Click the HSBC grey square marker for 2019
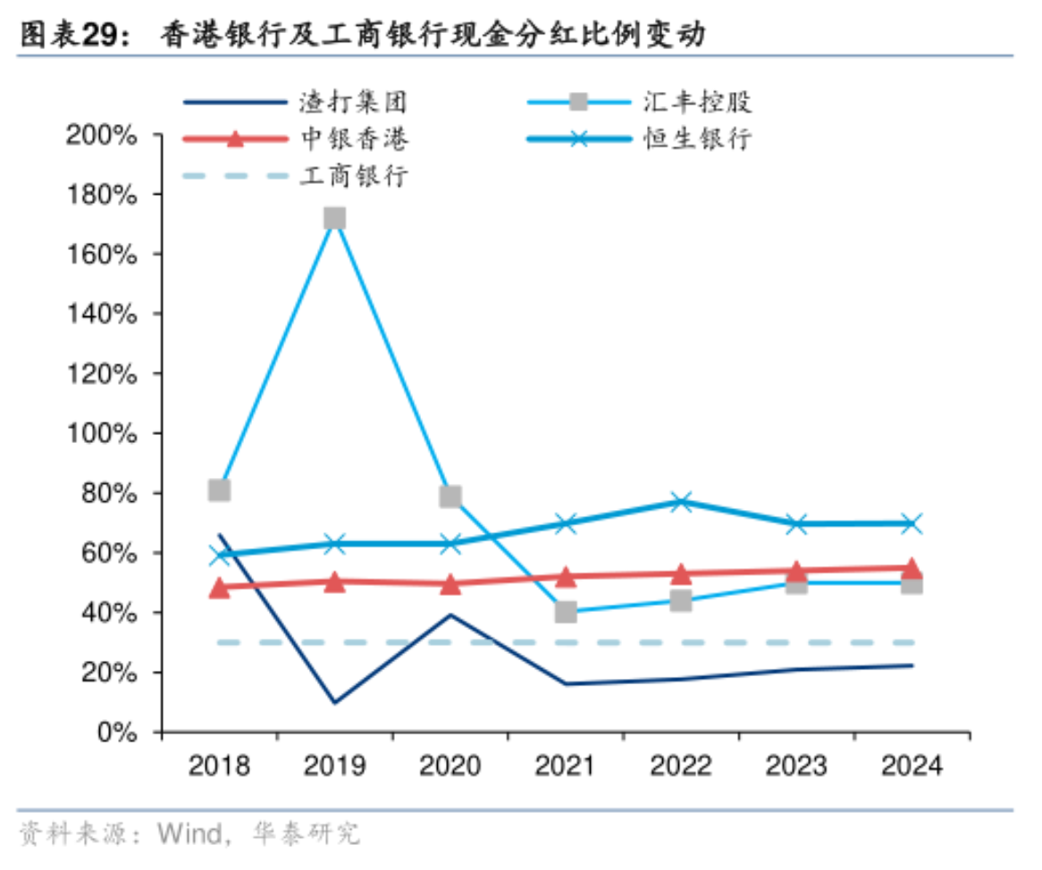click(x=334, y=219)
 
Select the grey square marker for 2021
click(x=565, y=612)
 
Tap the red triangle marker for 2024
click(x=911, y=569)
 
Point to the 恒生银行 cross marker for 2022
click(x=680, y=501)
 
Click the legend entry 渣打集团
click(x=354, y=102)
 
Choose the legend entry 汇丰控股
click(x=697, y=102)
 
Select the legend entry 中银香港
click(x=354, y=138)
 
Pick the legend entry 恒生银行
click(x=697, y=138)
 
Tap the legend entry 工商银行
click(x=354, y=175)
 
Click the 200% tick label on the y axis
click(x=101, y=136)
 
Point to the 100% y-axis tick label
click(x=101, y=434)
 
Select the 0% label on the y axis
click(x=116, y=732)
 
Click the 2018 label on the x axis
click(x=219, y=766)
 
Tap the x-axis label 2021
click(x=565, y=766)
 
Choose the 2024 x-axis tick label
click(x=911, y=766)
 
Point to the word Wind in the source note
click(x=189, y=834)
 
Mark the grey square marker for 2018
click(x=219, y=489)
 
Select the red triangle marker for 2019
click(x=334, y=581)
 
